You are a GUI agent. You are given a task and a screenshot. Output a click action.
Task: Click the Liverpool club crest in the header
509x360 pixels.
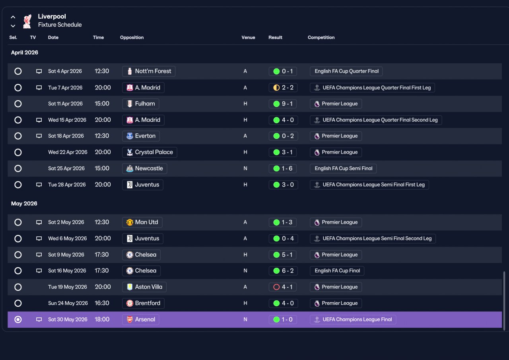point(27,21)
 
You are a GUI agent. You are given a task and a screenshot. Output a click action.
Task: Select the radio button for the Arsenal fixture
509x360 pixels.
point(18,319)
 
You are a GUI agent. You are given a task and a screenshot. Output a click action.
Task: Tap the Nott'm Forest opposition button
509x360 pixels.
point(149,71)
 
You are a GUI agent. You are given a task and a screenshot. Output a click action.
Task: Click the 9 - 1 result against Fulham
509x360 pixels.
point(283,104)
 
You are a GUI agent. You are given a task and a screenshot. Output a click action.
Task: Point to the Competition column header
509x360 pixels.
point(321,37)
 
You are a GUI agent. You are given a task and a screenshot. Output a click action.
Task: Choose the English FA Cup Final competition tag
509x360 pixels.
point(337,271)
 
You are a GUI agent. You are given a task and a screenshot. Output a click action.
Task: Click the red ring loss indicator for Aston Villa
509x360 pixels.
point(276,287)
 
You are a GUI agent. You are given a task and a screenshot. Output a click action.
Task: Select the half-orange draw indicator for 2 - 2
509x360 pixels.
point(276,88)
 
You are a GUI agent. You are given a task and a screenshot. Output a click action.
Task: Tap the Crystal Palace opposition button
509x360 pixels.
point(150,152)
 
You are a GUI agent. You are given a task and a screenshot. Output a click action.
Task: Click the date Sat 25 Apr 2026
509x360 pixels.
point(66,168)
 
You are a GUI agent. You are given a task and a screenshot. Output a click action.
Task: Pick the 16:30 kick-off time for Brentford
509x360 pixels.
point(102,303)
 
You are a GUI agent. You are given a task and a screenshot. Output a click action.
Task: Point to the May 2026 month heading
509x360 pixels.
point(24,204)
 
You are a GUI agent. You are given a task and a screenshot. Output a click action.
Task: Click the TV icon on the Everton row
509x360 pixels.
point(39,136)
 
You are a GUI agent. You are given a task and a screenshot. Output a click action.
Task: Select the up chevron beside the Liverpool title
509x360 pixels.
point(13,17)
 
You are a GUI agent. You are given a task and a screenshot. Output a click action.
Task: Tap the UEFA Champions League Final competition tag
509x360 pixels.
point(353,319)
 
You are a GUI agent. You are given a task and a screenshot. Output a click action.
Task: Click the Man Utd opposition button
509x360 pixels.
point(142,222)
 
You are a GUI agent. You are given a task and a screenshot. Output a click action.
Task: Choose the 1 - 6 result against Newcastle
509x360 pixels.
point(283,169)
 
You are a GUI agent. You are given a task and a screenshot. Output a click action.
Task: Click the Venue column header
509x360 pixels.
point(248,37)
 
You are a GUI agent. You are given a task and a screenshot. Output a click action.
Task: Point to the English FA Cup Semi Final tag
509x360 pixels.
point(343,169)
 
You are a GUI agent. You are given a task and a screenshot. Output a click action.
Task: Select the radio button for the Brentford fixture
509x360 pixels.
point(18,303)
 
